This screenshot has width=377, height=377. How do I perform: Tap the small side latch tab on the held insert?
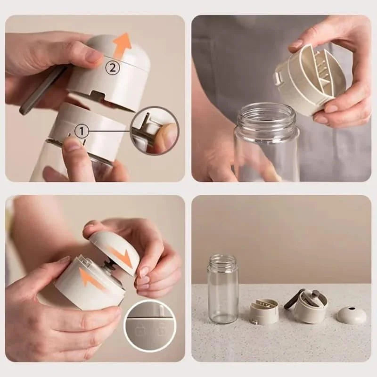pos(281,77)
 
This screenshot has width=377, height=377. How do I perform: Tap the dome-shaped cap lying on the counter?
pos(350,314)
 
